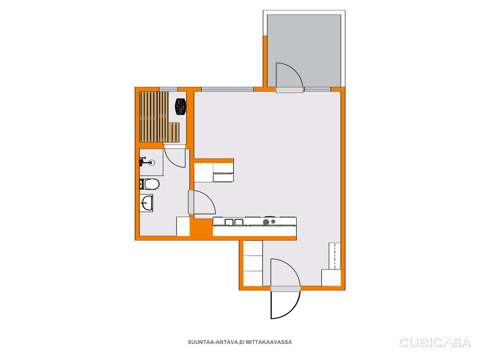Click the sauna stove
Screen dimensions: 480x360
(x=180, y=106)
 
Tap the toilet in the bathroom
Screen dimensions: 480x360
(x=150, y=184)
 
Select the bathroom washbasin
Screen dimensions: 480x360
(x=147, y=202)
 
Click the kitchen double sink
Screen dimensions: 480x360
(x=234, y=222)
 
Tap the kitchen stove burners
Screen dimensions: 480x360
(x=269, y=222)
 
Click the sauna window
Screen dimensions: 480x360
(x=168, y=89)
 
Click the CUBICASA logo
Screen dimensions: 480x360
(x=434, y=342)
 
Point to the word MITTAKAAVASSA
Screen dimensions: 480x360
(x=269, y=342)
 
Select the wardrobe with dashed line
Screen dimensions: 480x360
(x=335, y=256)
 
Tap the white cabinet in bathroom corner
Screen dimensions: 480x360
(x=183, y=226)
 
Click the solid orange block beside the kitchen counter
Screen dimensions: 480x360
(x=202, y=227)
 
